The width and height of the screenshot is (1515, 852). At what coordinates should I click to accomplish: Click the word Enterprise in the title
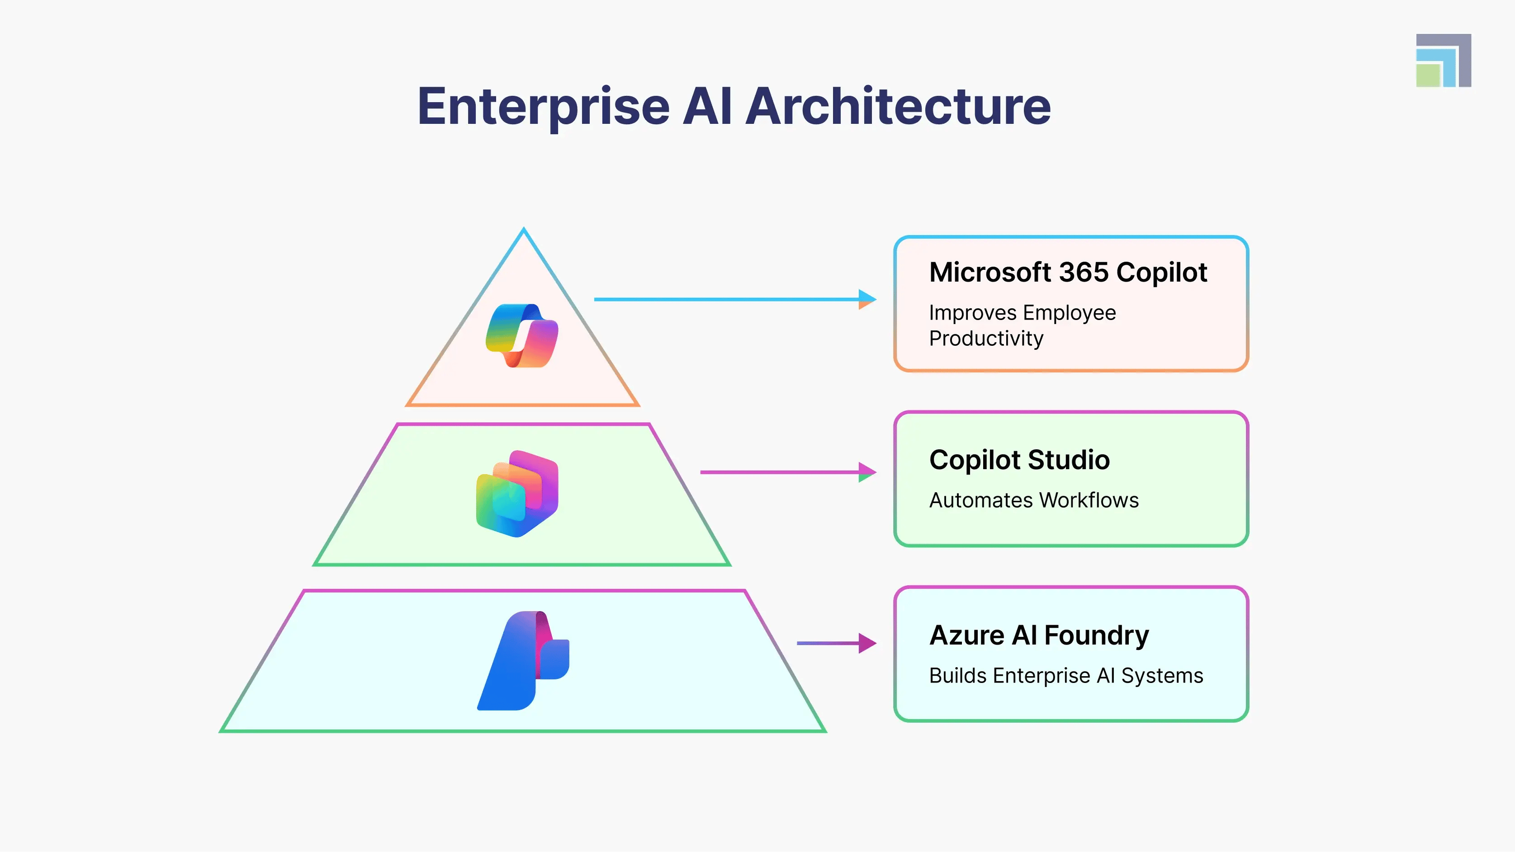point(544,107)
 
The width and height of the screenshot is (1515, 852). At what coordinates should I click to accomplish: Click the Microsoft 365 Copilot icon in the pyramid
point(522,336)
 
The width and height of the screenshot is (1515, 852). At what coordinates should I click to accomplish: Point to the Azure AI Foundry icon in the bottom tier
point(523,661)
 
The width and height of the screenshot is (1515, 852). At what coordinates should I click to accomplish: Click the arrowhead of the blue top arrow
point(867,299)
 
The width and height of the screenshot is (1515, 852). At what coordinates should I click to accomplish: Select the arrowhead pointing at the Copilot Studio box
point(867,472)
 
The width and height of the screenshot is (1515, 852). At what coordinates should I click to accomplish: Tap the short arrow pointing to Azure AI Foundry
point(836,643)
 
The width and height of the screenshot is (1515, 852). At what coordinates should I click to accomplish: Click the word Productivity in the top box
point(986,339)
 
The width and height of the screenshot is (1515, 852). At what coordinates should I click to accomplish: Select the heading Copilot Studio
point(1019,460)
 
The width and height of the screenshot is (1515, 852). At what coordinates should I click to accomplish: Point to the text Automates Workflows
point(1034,500)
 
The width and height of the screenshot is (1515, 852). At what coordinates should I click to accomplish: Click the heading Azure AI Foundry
point(1039,635)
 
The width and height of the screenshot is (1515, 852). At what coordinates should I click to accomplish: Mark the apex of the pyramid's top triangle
point(523,230)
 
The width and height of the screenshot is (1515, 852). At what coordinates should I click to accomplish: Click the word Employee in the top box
point(1069,313)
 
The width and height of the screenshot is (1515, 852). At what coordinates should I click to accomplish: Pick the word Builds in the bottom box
point(957,676)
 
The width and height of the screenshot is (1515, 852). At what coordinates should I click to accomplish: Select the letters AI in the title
point(707,107)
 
